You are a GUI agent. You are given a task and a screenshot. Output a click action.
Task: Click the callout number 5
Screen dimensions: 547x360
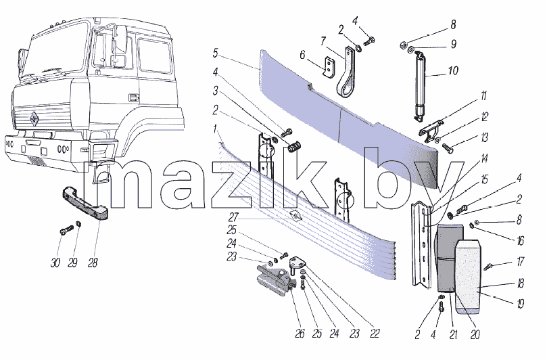pos(215,53)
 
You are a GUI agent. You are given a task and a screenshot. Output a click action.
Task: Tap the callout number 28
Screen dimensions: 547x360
pos(93,263)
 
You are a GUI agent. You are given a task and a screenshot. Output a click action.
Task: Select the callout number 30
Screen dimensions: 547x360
pos(55,263)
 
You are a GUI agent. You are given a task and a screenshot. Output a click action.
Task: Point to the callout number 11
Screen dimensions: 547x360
pos(483,96)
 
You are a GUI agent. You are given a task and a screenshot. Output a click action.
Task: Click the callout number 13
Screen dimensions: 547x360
pos(484,137)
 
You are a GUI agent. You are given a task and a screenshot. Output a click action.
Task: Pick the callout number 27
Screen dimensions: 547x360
pos(233,217)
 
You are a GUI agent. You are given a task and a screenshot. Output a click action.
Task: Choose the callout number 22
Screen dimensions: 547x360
pos(375,334)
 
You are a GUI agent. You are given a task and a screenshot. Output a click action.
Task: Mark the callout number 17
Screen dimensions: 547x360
pos(520,261)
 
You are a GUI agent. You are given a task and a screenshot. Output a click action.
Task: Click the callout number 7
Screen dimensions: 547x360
pos(323,41)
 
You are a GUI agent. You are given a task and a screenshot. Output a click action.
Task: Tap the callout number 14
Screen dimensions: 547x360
pos(484,159)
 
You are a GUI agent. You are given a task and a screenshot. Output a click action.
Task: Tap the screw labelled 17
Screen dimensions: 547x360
pos(487,267)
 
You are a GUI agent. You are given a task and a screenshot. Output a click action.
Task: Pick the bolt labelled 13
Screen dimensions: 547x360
pos(448,148)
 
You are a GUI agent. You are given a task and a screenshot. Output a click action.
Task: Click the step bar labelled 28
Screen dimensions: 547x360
pos(85,203)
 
